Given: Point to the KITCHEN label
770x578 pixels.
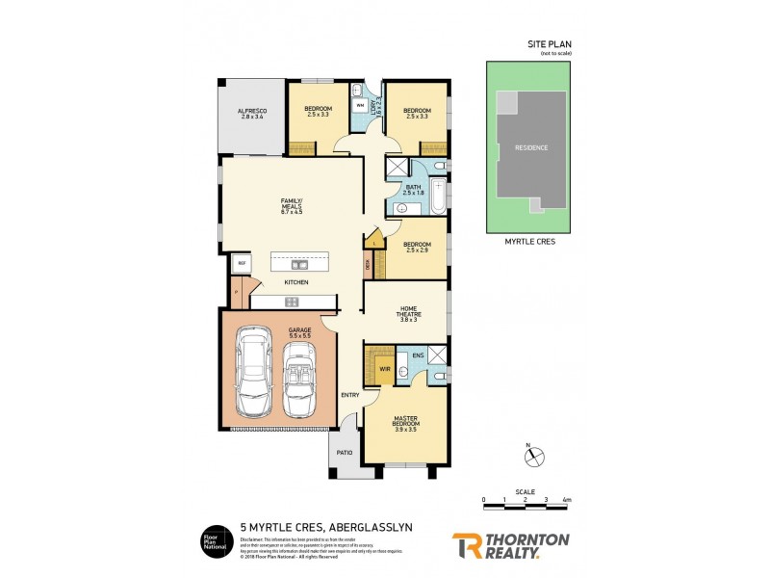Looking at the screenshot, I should click(x=295, y=282).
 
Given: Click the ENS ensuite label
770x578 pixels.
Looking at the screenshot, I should click(x=418, y=355).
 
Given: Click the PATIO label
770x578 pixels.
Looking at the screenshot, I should click(x=344, y=452).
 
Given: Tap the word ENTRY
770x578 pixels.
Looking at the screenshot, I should click(x=348, y=395).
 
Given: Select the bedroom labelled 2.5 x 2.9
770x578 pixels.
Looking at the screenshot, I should click(x=417, y=247).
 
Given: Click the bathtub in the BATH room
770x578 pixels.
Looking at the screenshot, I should click(x=438, y=197).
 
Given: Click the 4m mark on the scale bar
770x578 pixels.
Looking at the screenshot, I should click(x=567, y=500).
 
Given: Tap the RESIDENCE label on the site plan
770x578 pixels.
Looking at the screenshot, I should click(x=530, y=147).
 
